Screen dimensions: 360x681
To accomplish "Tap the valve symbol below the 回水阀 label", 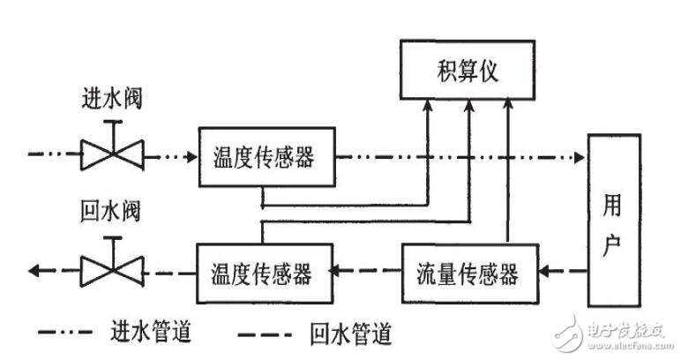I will pyautogui.click(x=111, y=271).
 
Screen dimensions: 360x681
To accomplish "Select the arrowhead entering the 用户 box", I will pyautogui.click(x=580, y=159).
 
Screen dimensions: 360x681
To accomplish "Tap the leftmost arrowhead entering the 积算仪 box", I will pyautogui.click(x=428, y=106).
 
